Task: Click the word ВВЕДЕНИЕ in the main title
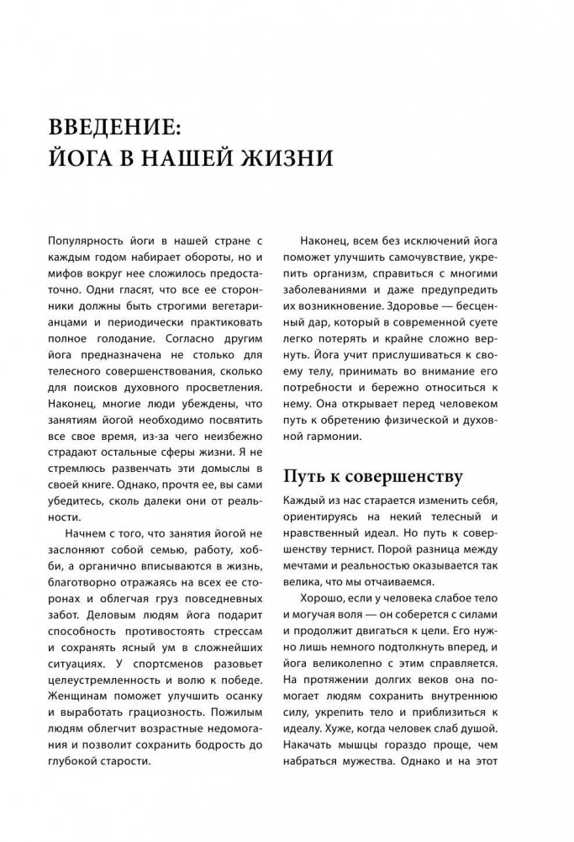tap(114, 128)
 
